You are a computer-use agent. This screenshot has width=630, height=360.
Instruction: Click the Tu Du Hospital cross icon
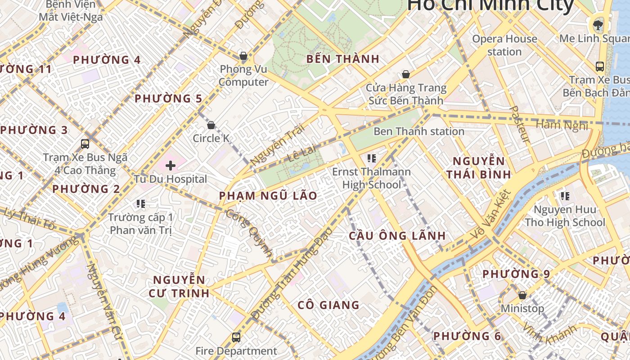point(171,166)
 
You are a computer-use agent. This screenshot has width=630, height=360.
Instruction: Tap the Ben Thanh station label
point(418,131)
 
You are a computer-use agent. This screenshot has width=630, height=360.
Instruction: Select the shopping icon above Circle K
point(211,125)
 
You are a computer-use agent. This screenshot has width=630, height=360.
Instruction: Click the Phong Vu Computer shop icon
point(243,56)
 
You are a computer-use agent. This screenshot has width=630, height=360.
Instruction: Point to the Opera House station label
point(504,45)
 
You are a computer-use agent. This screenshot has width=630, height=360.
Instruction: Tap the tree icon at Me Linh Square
point(598,24)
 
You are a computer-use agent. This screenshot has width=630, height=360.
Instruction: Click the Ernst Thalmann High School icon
point(371,158)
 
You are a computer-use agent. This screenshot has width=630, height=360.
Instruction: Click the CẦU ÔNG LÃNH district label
point(397,235)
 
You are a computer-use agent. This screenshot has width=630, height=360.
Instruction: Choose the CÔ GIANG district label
point(328,305)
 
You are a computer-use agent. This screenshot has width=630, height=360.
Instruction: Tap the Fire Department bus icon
point(236,337)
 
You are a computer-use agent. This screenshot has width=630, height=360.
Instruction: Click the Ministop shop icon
point(522,295)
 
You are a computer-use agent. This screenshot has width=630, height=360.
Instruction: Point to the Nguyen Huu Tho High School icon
point(565,196)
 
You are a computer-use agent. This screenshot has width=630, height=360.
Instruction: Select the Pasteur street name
point(520,124)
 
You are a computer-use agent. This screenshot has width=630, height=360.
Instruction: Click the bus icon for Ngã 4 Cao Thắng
point(85,144)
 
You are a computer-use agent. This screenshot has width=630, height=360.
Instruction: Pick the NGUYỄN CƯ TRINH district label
point(179,286)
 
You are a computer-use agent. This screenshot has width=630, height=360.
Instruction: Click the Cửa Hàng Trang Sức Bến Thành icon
point(405,74)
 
